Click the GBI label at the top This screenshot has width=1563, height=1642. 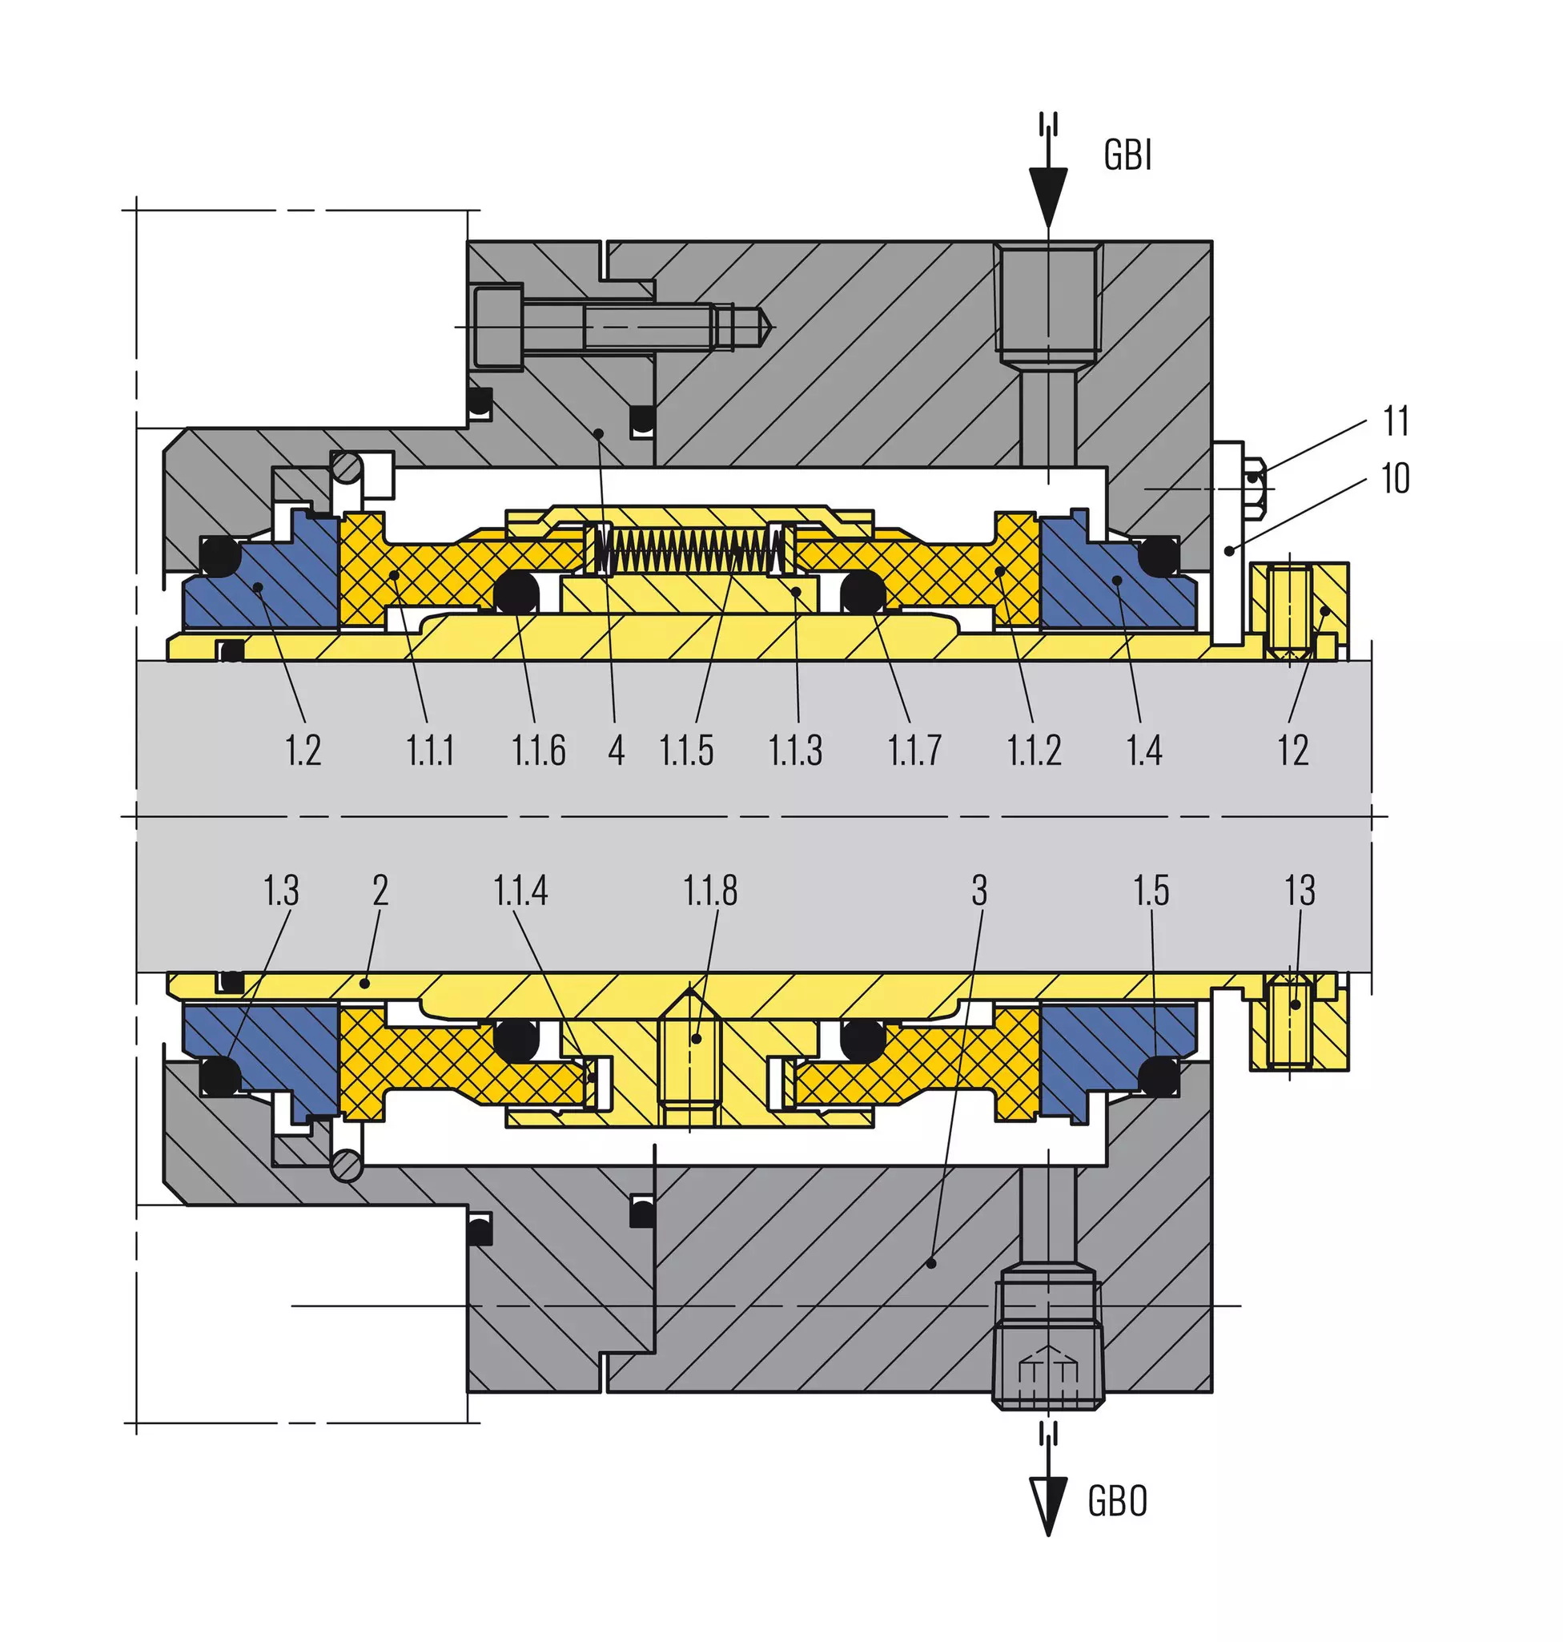[x=1127, y=155]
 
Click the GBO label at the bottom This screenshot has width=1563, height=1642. [x=1117, y=1501]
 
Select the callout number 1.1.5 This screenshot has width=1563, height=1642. [x=686, y=751]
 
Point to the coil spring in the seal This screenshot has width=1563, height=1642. [x=690, y=550]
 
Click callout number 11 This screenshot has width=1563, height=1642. [x=1396, y=422]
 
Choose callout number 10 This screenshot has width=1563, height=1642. [x=1396, y=478]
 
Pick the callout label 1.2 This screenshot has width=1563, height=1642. [x=303, y=751]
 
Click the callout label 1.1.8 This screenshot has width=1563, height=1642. [x=710, y=890]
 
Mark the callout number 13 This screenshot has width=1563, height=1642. [x=1300, y=890]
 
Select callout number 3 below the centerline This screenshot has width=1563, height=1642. [x=980, y=890]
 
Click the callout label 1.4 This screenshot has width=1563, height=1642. [x=1144, y=751]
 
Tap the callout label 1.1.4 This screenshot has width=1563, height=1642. [x=520, y=890]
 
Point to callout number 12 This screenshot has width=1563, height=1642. [x=1293, y=751]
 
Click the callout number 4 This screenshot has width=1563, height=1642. [x=617, y=751]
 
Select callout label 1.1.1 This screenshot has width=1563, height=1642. [x=430, y=751]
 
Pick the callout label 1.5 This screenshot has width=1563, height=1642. [x=1151, y=890]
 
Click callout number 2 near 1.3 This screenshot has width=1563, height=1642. [x=381, y=890]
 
